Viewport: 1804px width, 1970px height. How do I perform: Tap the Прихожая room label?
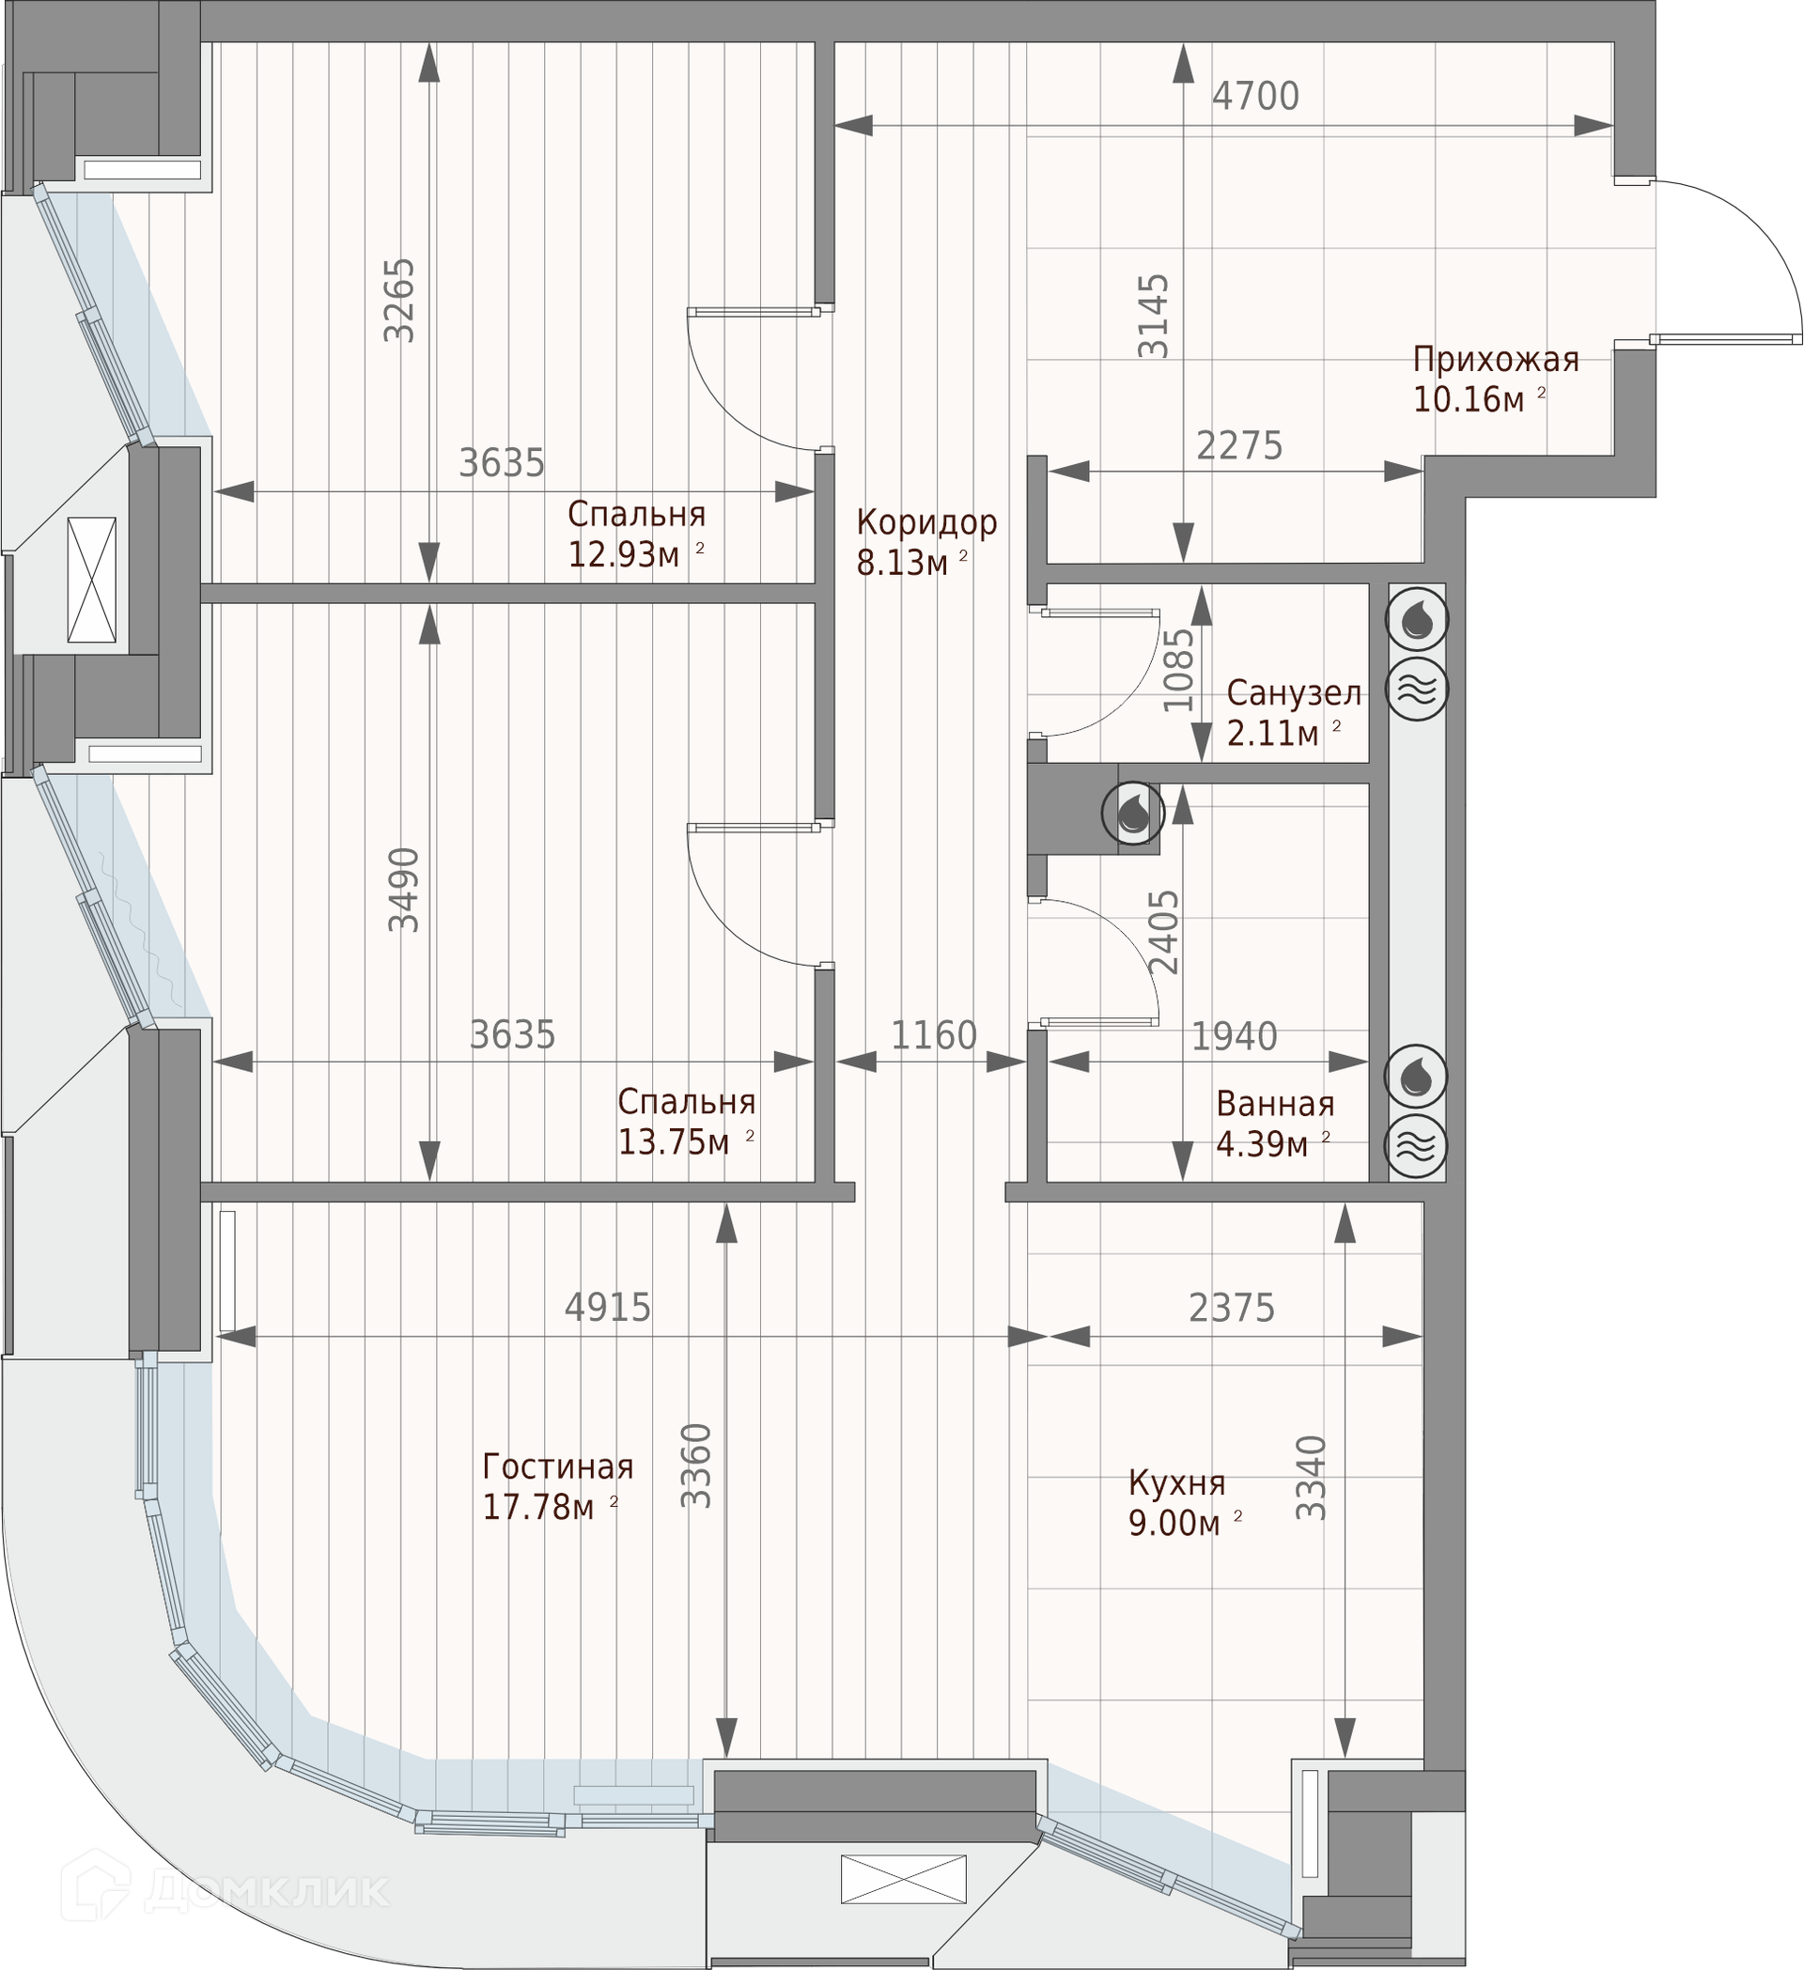[x=1495, y=360]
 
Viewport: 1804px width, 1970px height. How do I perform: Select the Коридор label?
[x=926, y=521]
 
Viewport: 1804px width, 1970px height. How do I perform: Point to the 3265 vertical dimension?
[x=398, y=300]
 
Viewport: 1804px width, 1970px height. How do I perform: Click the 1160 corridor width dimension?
[x=933, y=1036]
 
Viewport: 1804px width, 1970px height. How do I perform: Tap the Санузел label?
[x=1294, y=692]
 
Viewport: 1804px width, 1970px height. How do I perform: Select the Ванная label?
[x=1275, y=1103]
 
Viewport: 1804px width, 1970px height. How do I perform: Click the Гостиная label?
[x=558, y=1466]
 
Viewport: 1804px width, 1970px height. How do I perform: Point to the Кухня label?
[x=1176, y=1483]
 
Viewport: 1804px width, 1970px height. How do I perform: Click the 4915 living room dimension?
[x=608, y=1308]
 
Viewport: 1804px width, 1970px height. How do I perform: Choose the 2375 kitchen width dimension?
[x=1232, y=1308]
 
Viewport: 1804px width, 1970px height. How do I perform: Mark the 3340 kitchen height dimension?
[x=1311, y=1478]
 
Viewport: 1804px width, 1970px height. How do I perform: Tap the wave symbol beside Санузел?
[x=1418, y=690]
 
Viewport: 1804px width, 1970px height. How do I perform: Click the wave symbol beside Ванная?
[x=1417, y=1145]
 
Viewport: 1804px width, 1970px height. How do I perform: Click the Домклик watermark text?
[x=266, y=1890]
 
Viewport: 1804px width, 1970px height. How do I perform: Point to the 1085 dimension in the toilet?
[x=1178, y=670]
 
